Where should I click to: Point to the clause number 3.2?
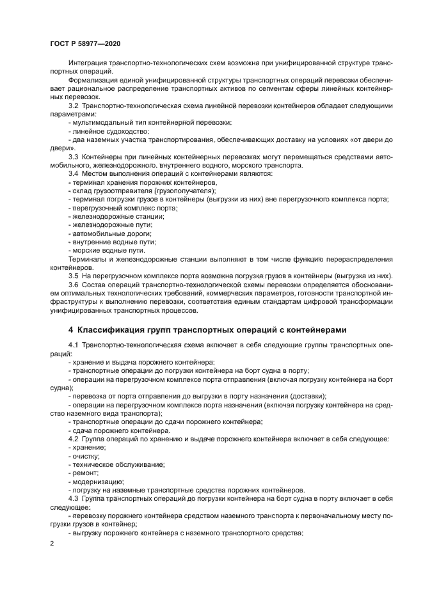[x=74, y=104]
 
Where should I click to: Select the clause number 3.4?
[x=74, y=173]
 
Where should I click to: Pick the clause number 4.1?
[x=74, y=345]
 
